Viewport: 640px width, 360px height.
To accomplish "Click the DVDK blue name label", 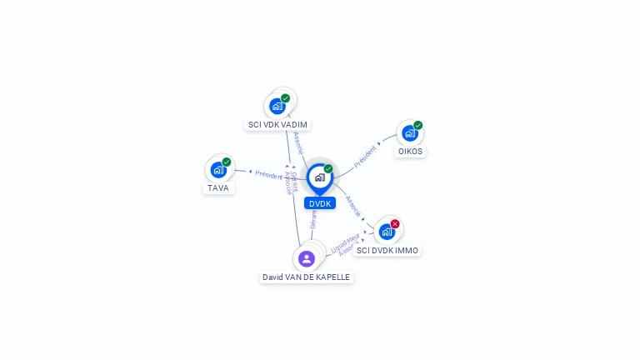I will coord(319,203).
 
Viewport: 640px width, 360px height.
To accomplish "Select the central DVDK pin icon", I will coord(319,177).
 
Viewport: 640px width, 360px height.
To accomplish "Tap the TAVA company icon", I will coord(218,170).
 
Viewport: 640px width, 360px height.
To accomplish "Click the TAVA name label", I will coord(218,188).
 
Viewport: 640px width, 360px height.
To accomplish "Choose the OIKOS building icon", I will coord(409,133).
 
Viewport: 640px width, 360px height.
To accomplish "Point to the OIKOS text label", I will coord(410,152).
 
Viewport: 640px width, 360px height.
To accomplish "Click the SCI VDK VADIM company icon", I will coord(277,106).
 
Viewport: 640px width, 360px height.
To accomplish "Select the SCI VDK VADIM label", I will coord(277,125).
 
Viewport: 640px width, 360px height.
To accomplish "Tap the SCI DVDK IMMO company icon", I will coord(387,231).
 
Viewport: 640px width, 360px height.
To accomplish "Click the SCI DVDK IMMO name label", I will coord(387,250).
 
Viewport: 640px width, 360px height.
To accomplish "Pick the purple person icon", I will coord(307,258).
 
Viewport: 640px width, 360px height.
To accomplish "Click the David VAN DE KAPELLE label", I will coord(306,277).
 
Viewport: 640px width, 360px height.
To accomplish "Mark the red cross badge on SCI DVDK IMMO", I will coord(395,223).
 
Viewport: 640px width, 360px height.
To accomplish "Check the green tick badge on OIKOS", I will coord(417,126).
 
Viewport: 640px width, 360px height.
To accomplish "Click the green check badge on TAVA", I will coord(227,162).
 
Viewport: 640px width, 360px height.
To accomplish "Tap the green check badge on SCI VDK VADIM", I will coord(285,98).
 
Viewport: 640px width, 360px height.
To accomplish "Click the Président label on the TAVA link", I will coord(268,175).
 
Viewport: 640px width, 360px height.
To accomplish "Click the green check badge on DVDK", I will coord(328,168).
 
